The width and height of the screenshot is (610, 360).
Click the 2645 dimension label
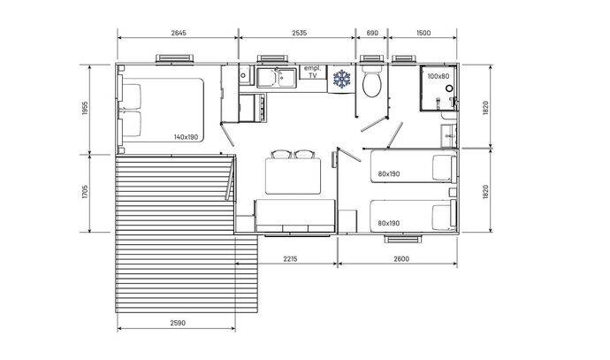(x=179, y=33)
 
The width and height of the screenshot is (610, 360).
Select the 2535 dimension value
(x=299, y=33)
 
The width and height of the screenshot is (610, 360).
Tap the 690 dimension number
(x=372, y=33)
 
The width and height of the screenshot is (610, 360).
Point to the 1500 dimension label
(x=423, y=33)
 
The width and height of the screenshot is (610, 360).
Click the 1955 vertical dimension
(x=86, y=109)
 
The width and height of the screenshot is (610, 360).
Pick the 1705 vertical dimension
(x=86, y=191)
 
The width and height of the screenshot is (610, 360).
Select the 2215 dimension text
(x=290, y=258)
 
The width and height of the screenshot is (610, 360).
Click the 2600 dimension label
(x=401, y=258)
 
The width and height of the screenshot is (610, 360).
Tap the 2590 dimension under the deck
(x=178, y=323)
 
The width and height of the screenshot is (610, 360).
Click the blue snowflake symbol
(x=342, y=79)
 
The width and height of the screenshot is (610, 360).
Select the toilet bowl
(x=371, y=81)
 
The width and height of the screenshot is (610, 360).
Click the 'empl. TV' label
(x=313, y=72)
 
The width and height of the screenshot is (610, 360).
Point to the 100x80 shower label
(x=438, y=76)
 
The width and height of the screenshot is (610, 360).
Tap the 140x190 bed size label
(x=186, y=137)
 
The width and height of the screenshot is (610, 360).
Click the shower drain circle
(x=449, y=88)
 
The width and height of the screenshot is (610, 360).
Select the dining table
(x=293, y=176)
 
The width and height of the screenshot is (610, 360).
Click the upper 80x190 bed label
(x=389, y=174)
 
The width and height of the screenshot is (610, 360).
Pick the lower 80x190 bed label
(x=389, y=224)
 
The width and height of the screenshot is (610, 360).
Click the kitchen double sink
(x=277, y=77)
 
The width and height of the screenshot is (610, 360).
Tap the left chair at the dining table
(x=281, y=155)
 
